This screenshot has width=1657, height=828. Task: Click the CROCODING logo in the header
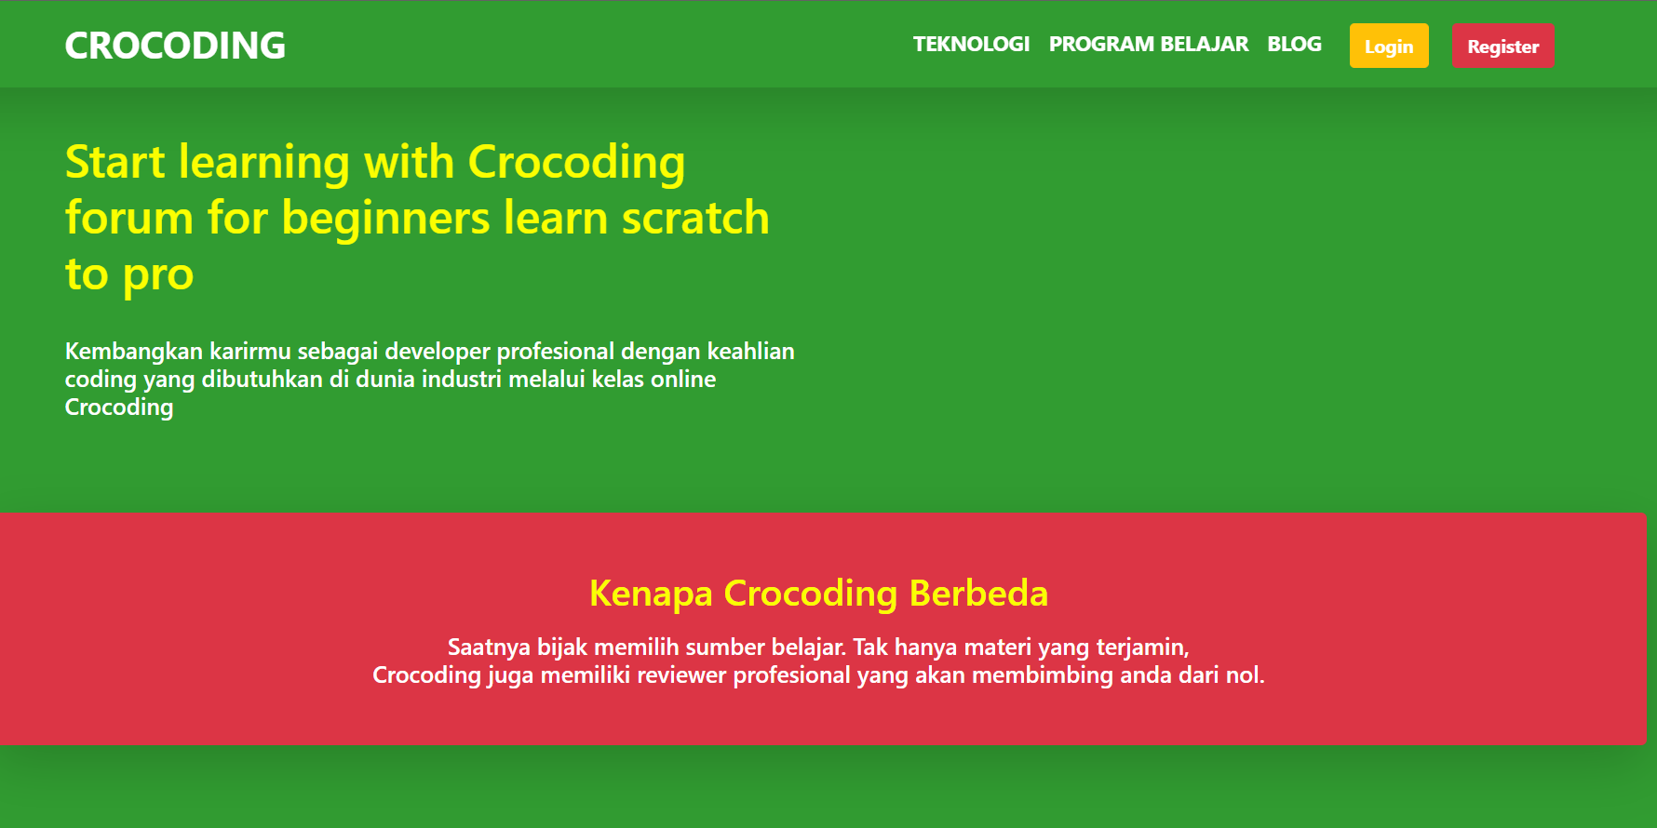pyautogui.click(x=175, y=46)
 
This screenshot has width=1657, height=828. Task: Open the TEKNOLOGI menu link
pyautogui.click(x=971, y=45)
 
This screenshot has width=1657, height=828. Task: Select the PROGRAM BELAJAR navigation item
pyautogui.click(x=1149, y=45)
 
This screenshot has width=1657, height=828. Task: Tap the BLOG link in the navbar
pyautogui.click(x=1294, y=45)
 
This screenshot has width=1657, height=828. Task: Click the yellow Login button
pyautogui.click(x=1389, y=46)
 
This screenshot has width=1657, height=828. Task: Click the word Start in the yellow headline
pyautogui.click(x=115, y=162)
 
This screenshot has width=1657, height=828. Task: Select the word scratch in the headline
pyautogui.click(x=695, y=218)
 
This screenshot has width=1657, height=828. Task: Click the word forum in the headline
pyautogui.click(x=129, y=218)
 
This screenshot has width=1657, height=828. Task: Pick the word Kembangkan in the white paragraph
pyautogui.click(x=134, y=351)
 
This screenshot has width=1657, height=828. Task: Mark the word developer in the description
pyautogui.click(x=438, y=352)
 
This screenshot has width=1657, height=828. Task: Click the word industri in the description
pyautogui.click(x=462, y=379)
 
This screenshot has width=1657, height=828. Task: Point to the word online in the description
pyautogui.click(x=683, y=379)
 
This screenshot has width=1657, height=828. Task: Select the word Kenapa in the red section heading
pyautogui.click(x=652, y=594)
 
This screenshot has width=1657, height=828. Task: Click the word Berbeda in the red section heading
pyautogui.click(x=978, y=594)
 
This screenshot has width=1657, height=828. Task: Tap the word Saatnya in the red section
pyautogui.click(x=489, y=648)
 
